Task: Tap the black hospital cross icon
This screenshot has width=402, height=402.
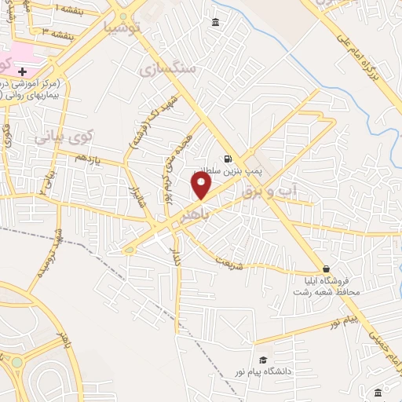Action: pyautogui.click(x=23, y=71)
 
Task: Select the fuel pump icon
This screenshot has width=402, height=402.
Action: pyautogui.click(x=228, y=156)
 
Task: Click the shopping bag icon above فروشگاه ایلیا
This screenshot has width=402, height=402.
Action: pyautogui.click(x=326, y=269)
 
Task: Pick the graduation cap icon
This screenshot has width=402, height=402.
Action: pyautogui.click(x=262, y=360)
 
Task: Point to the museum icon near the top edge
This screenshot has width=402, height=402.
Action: pyautogui.click(x=216, y=23)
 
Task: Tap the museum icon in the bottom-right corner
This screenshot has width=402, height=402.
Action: pyautogui.click(x=378, y=392)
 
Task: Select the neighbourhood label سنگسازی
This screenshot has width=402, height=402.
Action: pyautogui.click(x=167, y=70)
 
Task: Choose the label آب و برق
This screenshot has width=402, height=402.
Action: pyautogui.click(x=271, y=189)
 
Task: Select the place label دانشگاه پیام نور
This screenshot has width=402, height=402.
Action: pyautogui.click(x=263, y=369)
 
